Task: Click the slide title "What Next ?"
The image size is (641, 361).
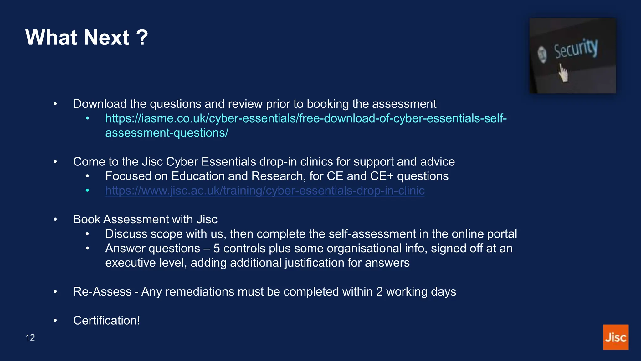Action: (86, 38)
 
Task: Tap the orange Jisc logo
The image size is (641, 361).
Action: (616, 337)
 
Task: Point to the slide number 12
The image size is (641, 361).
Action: (30, 337)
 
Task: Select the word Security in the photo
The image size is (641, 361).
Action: (576, 49)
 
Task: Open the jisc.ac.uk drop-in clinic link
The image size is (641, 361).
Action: (265, 191)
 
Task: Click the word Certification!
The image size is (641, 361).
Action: (106, 321)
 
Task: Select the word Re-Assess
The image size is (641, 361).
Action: (102, 292)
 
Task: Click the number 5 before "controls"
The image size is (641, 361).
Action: (217, 249)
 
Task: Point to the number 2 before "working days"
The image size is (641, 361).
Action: (379, 292)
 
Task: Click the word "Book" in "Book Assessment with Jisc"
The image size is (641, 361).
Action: (87, 220)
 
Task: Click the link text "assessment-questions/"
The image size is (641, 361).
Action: (167, 133)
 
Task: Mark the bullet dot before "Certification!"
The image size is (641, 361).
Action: (55, 321)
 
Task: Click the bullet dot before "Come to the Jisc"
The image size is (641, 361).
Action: (55, 162)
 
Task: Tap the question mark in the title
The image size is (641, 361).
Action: (142, 38)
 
